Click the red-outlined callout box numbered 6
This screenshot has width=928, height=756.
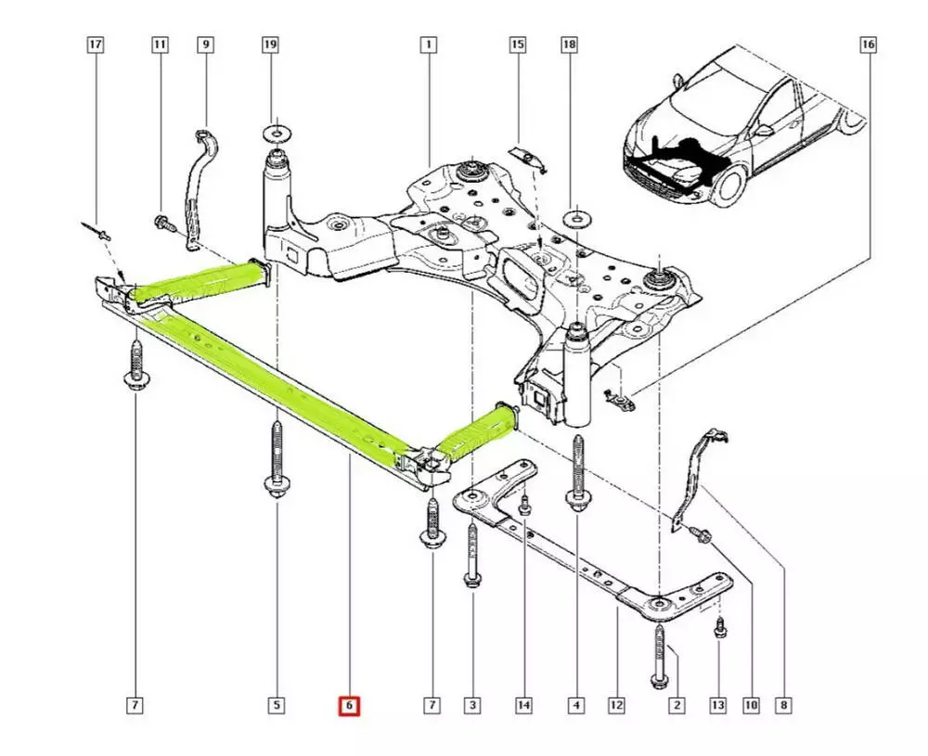[x=349, y=707]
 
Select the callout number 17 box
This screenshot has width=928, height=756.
[x=96, y=44]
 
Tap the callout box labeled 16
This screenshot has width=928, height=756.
[x=867, y=44]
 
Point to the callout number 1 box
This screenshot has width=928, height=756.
[x=428, y=44]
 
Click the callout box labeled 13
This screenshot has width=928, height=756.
[x=718, y=707]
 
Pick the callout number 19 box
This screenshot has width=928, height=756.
[x=271, y=44]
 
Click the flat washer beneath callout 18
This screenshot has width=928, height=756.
[x=576, y=218]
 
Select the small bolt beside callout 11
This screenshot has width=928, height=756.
[x=164, y=223]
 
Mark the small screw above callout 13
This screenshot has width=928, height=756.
[x=720, y=629]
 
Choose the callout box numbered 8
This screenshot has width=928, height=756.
[x=784, y=707]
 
